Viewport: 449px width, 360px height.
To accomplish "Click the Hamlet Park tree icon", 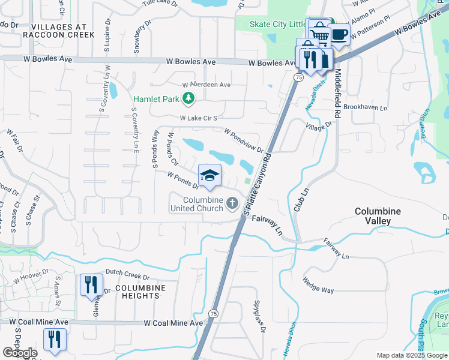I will click(x=188, y=98).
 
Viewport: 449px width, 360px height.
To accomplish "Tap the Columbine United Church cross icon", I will click(x=233, y=205).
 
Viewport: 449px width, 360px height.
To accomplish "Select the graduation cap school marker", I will click(x=209, y=175).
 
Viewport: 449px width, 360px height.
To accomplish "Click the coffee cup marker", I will click(x=339, y=34).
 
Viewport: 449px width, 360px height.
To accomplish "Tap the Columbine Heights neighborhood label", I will click(x=140, y=292).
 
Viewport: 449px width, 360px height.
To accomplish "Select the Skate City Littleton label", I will click(x=276, y=24).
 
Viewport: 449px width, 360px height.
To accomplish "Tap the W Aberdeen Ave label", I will click(x=206, y=85).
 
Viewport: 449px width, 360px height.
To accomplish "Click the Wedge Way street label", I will click(x=318, y=286).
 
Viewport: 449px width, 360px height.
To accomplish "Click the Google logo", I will click(x=20, y=353).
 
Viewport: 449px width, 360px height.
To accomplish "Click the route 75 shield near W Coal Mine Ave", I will click(x=213, y=314).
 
